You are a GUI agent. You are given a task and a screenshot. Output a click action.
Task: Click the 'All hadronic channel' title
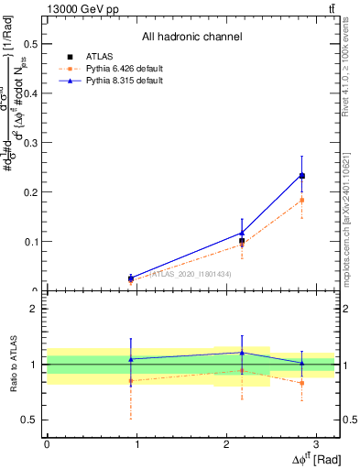point(191,38)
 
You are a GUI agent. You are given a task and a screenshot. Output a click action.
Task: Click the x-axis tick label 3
point(315,444)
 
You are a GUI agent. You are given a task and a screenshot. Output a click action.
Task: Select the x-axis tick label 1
point(136,444)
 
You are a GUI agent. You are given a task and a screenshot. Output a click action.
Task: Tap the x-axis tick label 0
point(47,444)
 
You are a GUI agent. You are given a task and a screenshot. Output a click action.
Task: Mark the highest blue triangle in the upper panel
point(302,175)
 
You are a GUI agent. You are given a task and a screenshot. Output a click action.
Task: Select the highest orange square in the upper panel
point(302,200)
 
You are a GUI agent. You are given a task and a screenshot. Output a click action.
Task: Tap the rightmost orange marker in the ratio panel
point(302,383)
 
